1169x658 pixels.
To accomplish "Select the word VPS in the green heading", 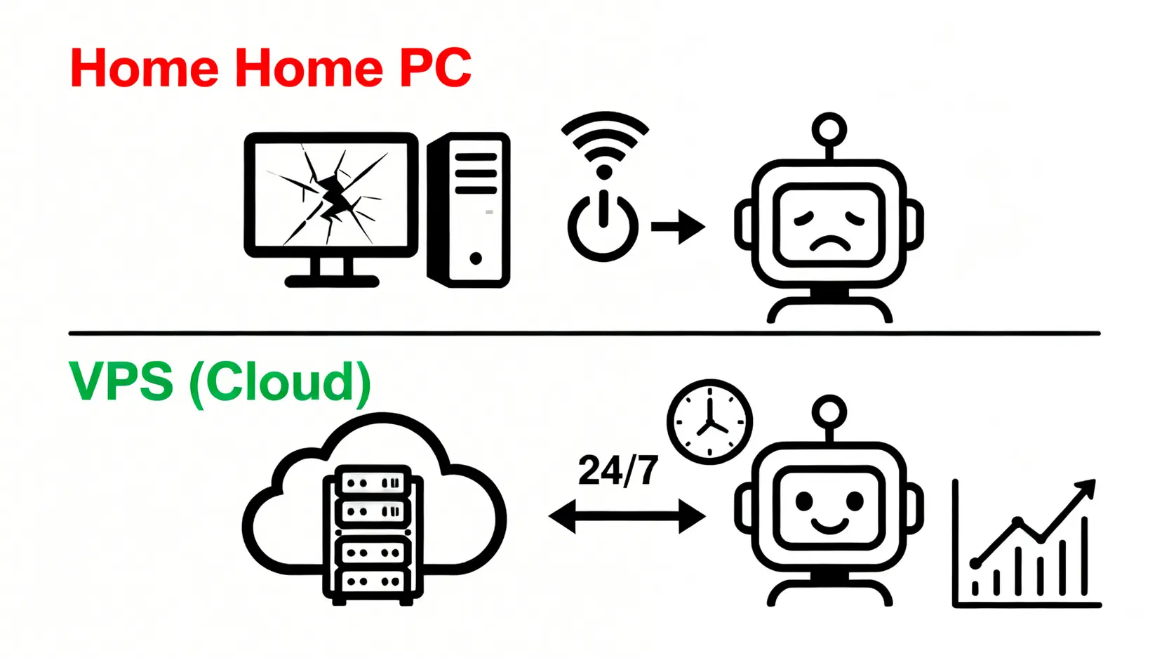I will click(121, 381).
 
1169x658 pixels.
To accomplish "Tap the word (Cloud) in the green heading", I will click(279, 383).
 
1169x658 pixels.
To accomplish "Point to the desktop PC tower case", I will click(469, 209).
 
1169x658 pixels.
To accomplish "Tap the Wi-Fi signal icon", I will click(604, 144).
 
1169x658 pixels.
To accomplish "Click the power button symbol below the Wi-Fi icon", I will click(603, 225).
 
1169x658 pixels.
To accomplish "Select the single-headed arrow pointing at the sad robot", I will click(678, 227).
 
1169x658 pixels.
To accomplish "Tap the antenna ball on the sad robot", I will click(829, 130).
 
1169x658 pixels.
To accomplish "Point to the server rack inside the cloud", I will click(373, 534).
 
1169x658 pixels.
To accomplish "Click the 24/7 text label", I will click(618, 471).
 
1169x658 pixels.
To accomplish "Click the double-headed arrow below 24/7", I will click(627, 517).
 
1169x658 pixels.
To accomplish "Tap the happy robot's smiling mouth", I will click(829, 525).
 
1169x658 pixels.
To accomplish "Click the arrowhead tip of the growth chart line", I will click(1089, 485).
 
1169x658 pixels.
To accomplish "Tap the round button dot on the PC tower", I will click(476, 258).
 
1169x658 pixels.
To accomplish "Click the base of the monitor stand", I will click(331, 282).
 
